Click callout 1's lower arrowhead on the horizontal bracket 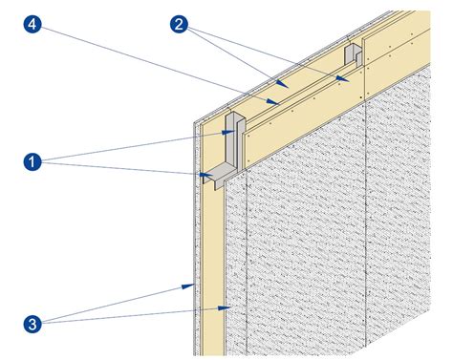pos(212,177)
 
